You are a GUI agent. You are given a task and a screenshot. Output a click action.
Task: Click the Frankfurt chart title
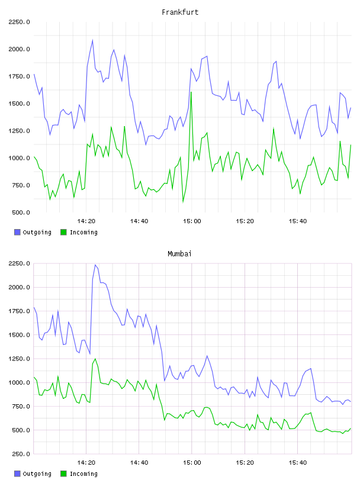click(x=180, y=12)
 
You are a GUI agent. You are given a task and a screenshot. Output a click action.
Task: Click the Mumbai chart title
click(x=179, y=254)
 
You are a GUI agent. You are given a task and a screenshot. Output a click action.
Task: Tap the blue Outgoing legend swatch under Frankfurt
click(x=17, y=232)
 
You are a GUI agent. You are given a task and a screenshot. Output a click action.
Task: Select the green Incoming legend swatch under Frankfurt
click(x=63, y=232)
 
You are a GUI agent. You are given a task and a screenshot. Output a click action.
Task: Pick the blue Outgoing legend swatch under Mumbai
click(x=17, y=474)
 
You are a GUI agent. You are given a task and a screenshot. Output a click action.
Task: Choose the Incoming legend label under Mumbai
click(x=83, y=474)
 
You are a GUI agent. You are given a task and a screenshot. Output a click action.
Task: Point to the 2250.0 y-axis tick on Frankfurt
click(x=19, y=22)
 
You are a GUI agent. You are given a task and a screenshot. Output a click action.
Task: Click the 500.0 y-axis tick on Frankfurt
click(x=21, y=212)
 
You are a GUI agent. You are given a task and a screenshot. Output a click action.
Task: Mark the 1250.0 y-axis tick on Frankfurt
click(x=19, y=131)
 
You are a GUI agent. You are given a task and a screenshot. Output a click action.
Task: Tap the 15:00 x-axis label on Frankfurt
click(x=192, y=221)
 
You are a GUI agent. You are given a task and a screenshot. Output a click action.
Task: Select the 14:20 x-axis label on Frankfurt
click(x=86, y=221)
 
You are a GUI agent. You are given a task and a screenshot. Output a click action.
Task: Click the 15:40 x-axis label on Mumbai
click(x=298, y=463)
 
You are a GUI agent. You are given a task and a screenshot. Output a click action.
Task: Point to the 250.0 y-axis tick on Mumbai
click(x=21, y=454)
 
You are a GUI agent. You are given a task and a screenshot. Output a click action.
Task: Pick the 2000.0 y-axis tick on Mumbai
click(x=19, y=288)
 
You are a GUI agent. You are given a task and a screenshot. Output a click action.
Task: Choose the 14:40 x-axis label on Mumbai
click(x=139, y=463)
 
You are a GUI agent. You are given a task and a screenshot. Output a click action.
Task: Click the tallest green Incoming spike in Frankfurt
click(x=191, y=92)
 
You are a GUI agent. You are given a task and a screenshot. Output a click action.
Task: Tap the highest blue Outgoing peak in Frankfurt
click(x=92, y=40)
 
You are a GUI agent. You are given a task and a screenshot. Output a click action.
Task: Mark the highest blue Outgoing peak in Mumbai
click(x=95, y=265)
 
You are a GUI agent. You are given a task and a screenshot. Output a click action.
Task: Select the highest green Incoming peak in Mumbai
click(x=95, y=359)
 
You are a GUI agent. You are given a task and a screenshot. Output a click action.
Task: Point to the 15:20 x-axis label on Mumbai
click(x=245, y=463)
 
